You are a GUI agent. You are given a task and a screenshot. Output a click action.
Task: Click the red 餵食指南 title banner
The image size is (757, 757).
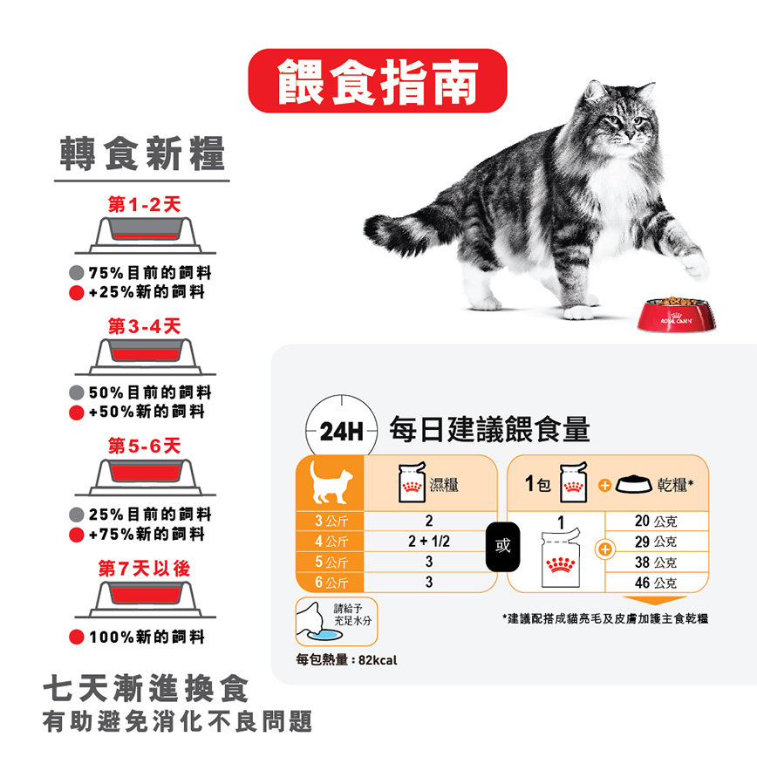pos(378,80)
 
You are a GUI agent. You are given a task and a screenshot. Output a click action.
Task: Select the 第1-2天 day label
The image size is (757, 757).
pos(144,205)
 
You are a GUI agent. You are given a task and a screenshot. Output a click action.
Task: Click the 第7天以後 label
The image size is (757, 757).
pos(144,569)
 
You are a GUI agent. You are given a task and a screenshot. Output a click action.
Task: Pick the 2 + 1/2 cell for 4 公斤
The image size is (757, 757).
pos(429,542)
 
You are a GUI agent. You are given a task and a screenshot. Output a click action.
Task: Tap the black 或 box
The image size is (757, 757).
pos(502,547)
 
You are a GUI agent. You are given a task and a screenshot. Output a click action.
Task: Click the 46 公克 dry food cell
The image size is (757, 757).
pos(656,583)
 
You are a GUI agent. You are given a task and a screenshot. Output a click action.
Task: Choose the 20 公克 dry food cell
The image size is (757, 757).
pos(656,522)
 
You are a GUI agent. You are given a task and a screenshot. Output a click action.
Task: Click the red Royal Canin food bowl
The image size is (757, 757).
pos(679,315)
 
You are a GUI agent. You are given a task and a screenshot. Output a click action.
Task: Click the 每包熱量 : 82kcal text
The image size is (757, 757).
pos(346,660)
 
